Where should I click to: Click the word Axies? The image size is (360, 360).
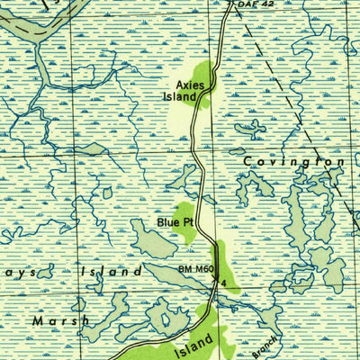click(190, 85)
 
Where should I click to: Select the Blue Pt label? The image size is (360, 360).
click(175, 220)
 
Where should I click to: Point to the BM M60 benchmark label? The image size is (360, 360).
click(195, 269)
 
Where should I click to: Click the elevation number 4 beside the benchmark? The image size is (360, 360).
click(223, 284)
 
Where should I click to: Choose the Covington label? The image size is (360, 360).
click(293, 161)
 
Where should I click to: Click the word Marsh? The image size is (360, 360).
click(61, 320)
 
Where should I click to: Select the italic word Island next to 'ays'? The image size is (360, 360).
click(111, 271)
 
